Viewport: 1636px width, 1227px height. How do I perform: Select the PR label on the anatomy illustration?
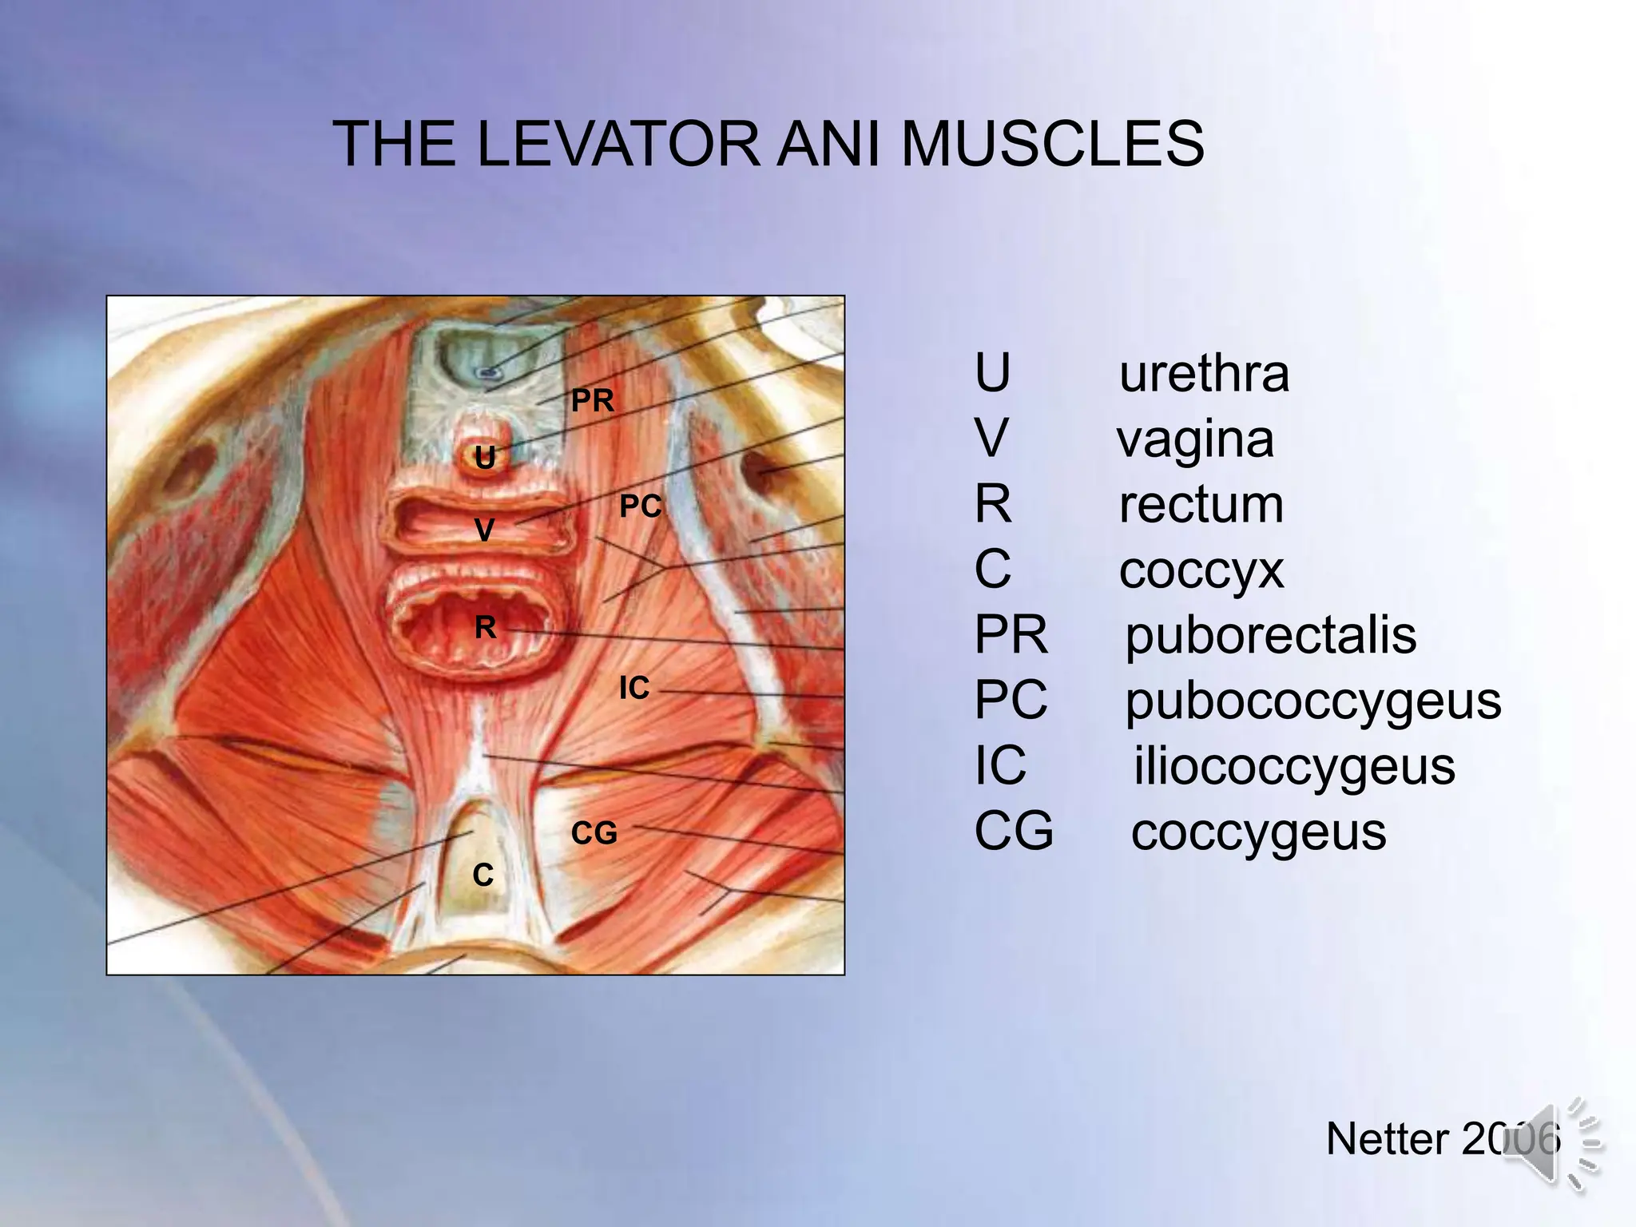coord(593,400)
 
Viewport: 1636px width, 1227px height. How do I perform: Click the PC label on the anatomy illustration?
coord(641,506)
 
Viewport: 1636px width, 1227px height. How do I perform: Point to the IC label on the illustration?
coord(634,688)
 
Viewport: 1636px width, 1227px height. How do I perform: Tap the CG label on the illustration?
coord(594,833)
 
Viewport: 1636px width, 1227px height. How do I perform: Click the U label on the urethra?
coord(485,458)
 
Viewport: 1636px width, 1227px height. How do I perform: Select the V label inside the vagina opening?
coord(485,530)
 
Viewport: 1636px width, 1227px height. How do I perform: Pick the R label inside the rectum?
coord(486,628)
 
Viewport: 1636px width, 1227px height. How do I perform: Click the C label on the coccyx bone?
coord(482,876)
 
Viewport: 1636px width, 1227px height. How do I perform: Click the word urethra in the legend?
coord(1204,373)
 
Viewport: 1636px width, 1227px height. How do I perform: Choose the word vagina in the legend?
coord(1195,439)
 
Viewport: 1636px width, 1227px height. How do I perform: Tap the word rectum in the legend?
coord(1201,505)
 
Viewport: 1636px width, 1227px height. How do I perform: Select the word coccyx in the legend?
coord(1201,570)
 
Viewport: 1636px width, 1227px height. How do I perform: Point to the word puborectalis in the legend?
coord(1270,636)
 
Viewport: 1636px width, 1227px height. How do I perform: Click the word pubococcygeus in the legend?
coord(1313,701)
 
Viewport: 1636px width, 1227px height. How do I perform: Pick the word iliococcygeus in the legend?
coord(1294,767)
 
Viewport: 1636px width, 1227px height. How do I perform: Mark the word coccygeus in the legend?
coord(1258,832)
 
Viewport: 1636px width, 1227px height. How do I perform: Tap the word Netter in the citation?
coord(1387,1138)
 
